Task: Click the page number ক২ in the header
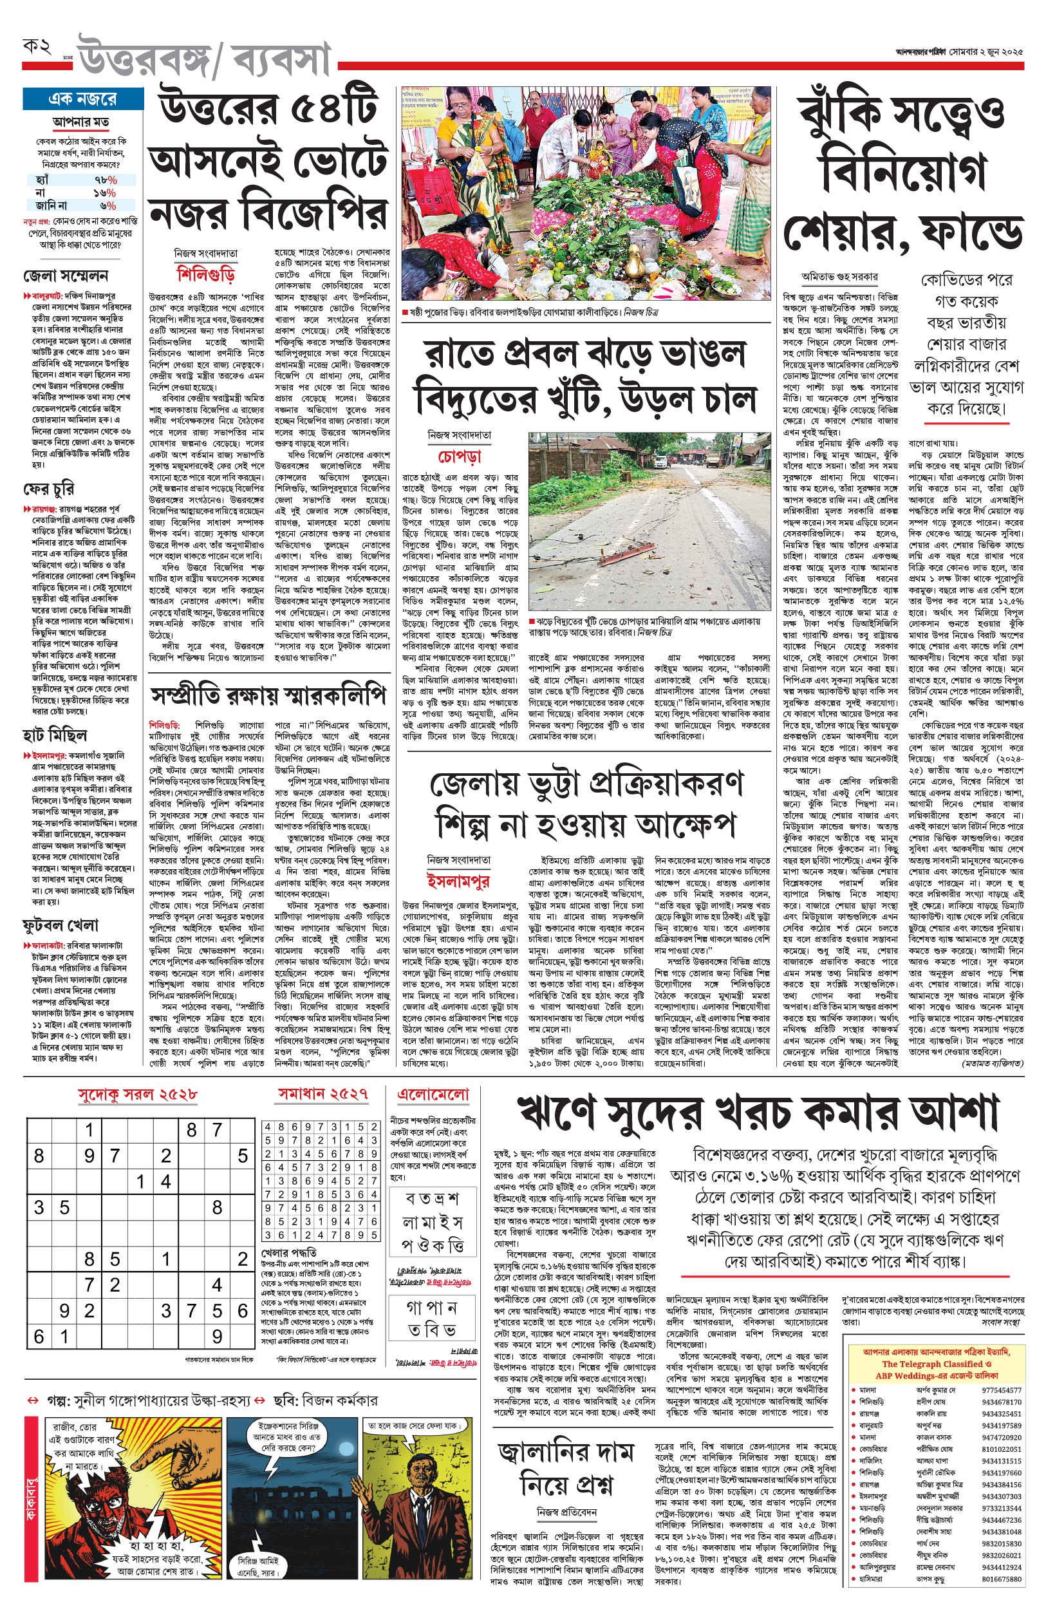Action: (x=37, y=47)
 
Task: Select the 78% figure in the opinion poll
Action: (x=106, y=180)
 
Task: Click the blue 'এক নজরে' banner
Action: (x=83, y=99)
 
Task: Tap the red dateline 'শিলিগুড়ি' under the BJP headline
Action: (x=206, y=274)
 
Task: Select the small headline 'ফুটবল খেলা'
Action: (x=61, y=925)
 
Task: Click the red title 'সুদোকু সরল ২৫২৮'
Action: (x=138, y=1094)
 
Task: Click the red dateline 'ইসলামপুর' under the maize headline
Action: (x=458, y=881)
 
